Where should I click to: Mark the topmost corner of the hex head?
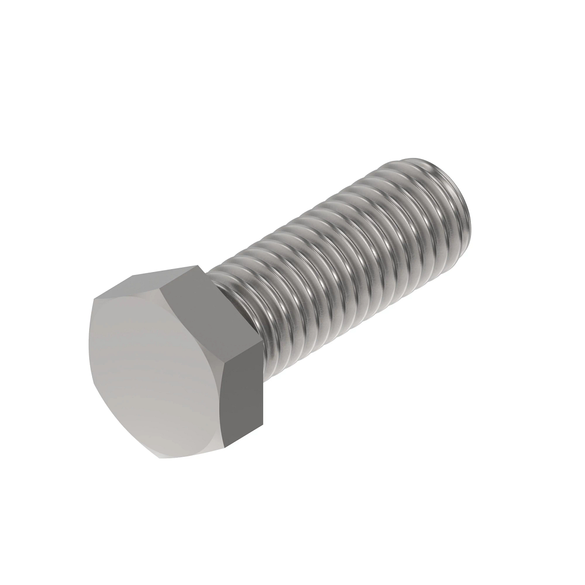(x=200, y=266)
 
